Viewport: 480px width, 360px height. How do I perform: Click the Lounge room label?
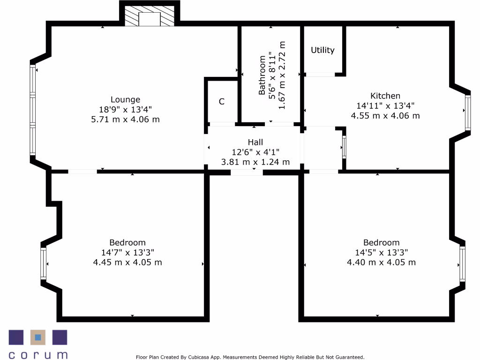pyautogui.click(x=125, y=99)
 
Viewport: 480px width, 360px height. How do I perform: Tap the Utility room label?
pyautogui.click(x=322, y=50)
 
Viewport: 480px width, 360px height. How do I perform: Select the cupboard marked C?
pyautogui.click(x=222, y=101)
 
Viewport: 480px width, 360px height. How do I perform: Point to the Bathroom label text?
pyautogui.click(x=262, y=75)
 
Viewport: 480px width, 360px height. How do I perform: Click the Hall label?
pyautogui.click(x=255, y=142)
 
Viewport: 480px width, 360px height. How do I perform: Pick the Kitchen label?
pyautogui.click(x=385, y=96)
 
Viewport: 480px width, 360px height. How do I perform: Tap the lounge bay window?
pyautogui.click(x=33, y=110)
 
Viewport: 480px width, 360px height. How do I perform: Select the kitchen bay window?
pyautogui.click(x=467, y=112)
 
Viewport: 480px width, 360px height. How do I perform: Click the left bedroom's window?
pyautogui.click(x=44, y=263)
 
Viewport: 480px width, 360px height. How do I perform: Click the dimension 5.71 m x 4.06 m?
pyautogui.click(x=125, y=120)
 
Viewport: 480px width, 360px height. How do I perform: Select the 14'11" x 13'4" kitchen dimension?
pyautogui.click(x=385, y=106)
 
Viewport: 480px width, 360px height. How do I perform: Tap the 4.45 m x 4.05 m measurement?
pyautogui.click(x=127, y=262)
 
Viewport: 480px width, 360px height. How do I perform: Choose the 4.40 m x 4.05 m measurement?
pyautogui.click(x=381, y=262)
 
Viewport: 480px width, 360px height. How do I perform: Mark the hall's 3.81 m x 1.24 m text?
pyautogui.click(x=255, y=162)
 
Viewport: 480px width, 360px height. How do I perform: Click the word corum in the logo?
pyautogui.click(x=38, y=355)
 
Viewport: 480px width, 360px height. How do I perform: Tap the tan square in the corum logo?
pyautogui.click(x=38, y=337)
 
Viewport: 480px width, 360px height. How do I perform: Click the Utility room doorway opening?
pyautogui.click(x=320, y=74)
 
